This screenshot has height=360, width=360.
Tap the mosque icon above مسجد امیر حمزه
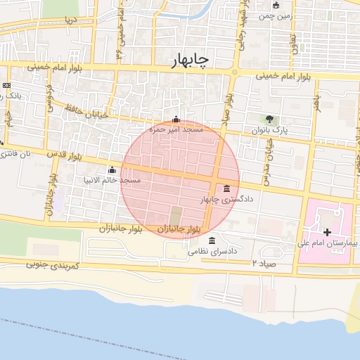[x=175, y=120]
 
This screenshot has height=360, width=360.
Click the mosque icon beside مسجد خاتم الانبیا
[x=112, y=169]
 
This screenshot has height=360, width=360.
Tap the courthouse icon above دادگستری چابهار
[x=226, y=188]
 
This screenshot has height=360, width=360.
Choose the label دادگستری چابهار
[x=226, y=200]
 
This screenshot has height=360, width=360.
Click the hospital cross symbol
[x=327, y=231]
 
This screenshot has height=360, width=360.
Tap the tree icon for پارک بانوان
[x=270, y=119]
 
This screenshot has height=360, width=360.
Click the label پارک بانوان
[x=269, y=131]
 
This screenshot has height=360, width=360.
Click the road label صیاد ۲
[x=261, y=262]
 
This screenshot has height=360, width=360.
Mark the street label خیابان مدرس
[x=268, y=159]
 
